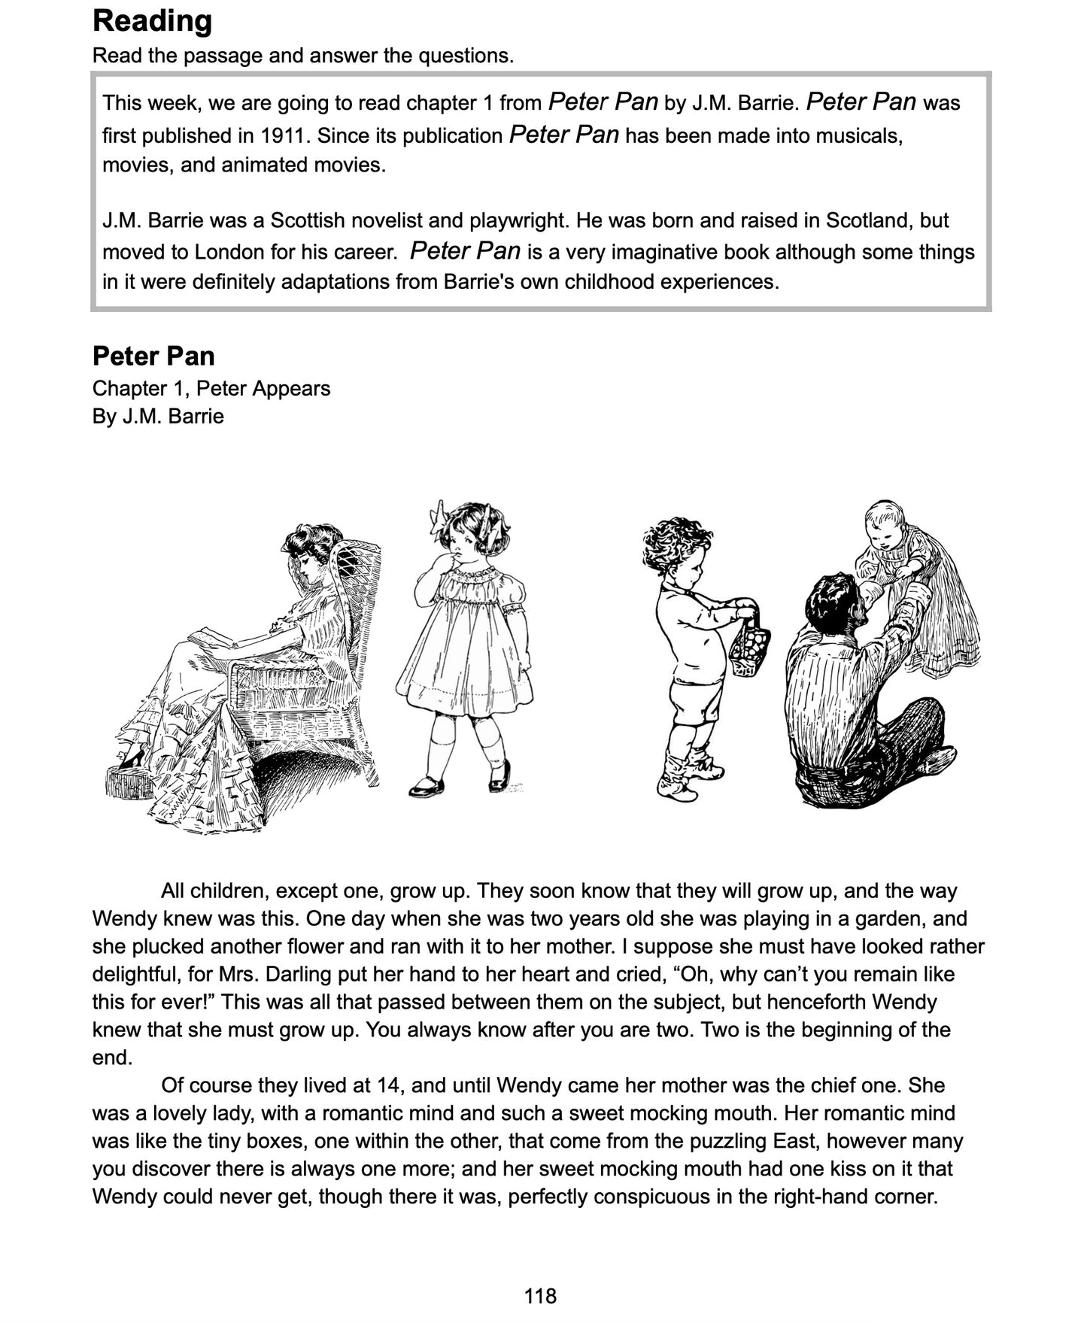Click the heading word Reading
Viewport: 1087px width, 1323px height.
tap(152, 21)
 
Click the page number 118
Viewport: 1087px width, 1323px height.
tap(540, 1296)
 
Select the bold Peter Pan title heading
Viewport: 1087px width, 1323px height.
tap(153, 356)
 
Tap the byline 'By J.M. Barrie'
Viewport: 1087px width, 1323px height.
tap(158, 416)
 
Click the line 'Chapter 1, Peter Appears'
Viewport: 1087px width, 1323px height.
tap(211, 388)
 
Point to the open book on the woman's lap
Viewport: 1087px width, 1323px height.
tap(211, 639)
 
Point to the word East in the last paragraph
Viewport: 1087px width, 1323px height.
tap(795, 1141)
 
